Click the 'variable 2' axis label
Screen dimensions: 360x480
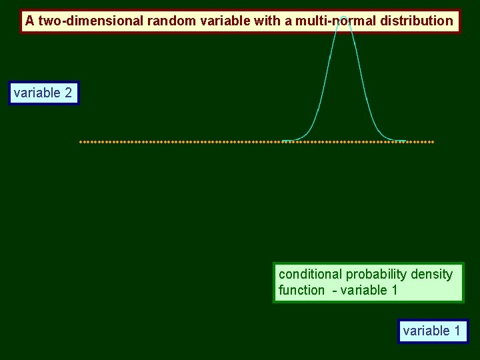pyautogui.click(x=43, y=93)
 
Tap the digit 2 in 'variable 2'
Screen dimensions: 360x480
pyautogui.click(x=68, y=93)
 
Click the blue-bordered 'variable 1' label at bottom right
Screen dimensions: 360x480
pyautogui.click(x=432, y=331)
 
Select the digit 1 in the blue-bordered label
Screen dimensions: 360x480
pyautogui.click(x=457, y=331)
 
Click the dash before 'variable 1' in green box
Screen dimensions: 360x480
pyautogui.click(x=335, y=290)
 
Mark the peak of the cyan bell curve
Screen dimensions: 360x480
pyautogui.click(x=343, y=19)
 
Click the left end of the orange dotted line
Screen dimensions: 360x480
pyautogui.click(x=81, y=142)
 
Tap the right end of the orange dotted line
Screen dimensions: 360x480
pyautogui.click(x=433, y=142)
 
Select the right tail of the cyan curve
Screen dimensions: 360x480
pyautogui.click(x=400, y=140)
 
